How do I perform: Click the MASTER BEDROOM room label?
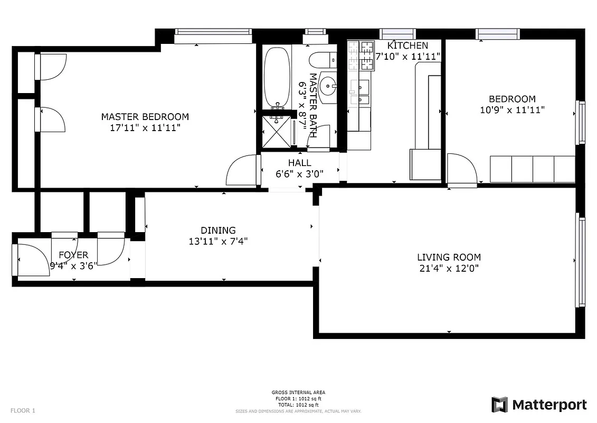(145, 117)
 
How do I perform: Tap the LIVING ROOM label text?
(449, 258)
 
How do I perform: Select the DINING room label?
(218, 231)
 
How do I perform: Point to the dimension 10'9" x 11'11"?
(511, 110)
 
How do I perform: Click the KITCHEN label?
(408, 45)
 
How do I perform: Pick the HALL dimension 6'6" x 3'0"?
(300, 173)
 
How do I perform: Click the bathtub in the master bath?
(277, 77)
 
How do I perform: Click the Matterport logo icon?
(499, 405)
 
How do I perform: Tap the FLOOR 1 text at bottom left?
(23, 410)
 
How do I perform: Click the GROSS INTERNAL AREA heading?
(298, 392)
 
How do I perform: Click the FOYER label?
(73, 255)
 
